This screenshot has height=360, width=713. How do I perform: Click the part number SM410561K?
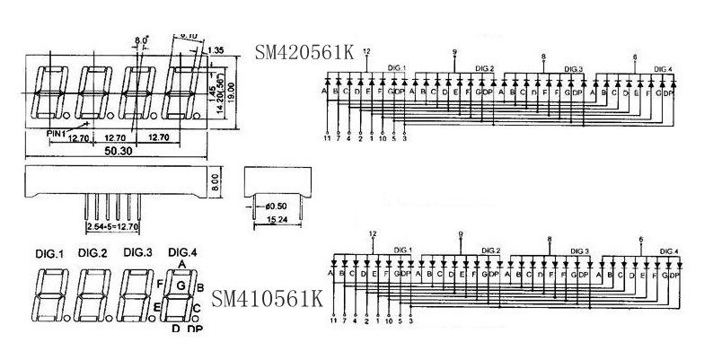[267, 297]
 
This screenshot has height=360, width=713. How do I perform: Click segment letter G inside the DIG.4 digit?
[181, 286]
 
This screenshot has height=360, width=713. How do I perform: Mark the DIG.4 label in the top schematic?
[664, 69]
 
